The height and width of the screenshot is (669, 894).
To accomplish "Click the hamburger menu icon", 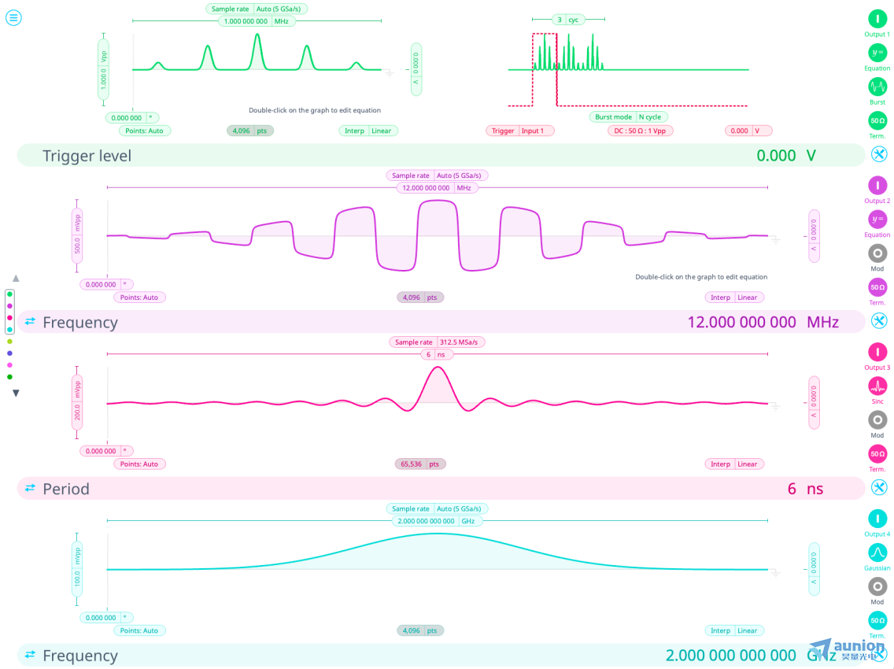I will [13, 17].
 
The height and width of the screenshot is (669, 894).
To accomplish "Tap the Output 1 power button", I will [877, 18].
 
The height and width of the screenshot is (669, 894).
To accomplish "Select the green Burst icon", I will [877, 87].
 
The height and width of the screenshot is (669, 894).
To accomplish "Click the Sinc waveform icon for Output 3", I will [877, 386].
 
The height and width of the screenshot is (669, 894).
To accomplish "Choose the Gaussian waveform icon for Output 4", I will [877, 553].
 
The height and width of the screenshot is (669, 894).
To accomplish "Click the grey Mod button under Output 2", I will [877, 253].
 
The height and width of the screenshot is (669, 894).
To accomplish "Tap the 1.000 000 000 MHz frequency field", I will [257, 21].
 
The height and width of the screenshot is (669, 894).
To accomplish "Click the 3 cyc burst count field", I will [567, 19].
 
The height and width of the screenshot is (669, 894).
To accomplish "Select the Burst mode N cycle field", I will [629, 116].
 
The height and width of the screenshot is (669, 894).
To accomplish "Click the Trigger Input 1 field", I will [519, 131].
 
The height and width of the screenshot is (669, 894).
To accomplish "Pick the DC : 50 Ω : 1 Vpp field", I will [640, 131].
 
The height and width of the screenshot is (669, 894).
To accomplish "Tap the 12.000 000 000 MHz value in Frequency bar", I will [762, 322].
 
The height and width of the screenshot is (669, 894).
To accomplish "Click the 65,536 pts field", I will [420, 464].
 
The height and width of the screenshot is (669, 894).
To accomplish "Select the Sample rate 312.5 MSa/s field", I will [438, 342].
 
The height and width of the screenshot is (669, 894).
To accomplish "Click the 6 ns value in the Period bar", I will [804, 489].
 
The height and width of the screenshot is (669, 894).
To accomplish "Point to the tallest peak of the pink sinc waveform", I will [438, 368].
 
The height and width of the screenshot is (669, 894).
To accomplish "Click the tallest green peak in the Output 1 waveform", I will [257, 35].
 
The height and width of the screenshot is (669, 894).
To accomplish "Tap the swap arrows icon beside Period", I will [30, 488].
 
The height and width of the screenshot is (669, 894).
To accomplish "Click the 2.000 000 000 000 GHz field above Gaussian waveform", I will [437, 521].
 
